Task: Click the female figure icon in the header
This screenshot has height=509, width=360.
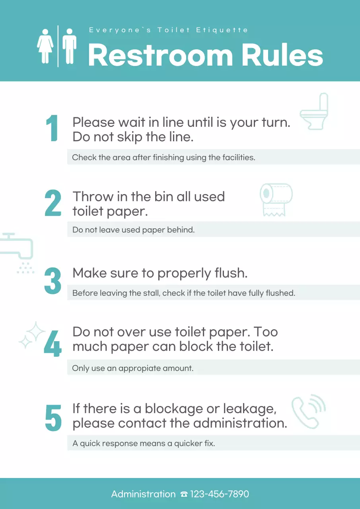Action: tap(45, 46)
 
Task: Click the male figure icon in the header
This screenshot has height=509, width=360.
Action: tap(69, 46)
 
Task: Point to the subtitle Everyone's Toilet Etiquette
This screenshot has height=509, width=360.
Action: tap(168, 30)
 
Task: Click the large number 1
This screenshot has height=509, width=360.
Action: tap(52, 128)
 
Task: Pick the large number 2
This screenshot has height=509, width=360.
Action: tap(53, 203)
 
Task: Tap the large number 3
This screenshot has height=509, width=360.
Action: tap(53, 281)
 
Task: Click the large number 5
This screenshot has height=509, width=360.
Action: tap(53, 418)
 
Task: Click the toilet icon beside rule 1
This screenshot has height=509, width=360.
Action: tap(314, 112)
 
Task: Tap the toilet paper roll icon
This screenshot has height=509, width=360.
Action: tap(276, 200)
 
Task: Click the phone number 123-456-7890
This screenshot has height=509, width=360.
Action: tap(219, 494)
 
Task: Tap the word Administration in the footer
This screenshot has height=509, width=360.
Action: tap(143, 494)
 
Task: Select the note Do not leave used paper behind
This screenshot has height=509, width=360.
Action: tap(133, 230)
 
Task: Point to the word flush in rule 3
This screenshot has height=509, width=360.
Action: tap(230, 274)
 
